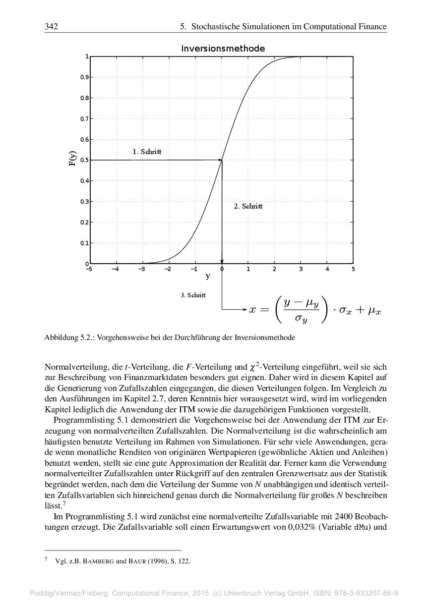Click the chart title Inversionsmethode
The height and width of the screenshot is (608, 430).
point(223,49)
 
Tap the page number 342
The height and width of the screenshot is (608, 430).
point(52,26)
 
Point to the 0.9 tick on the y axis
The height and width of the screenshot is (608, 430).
point(85,77)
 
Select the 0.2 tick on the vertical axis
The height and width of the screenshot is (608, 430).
point(85,222)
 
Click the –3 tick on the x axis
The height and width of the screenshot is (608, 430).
point(141,269)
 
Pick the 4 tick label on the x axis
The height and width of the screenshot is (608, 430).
point(327,269)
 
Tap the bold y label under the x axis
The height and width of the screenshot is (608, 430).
point(208,276)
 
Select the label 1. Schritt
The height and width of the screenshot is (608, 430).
point(147,152)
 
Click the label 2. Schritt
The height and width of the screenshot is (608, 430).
point(248,206)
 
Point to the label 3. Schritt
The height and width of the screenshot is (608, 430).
point(193,295)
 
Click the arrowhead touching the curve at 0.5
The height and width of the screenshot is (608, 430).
point(219,160)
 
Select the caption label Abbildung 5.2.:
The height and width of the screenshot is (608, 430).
point(69,338)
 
